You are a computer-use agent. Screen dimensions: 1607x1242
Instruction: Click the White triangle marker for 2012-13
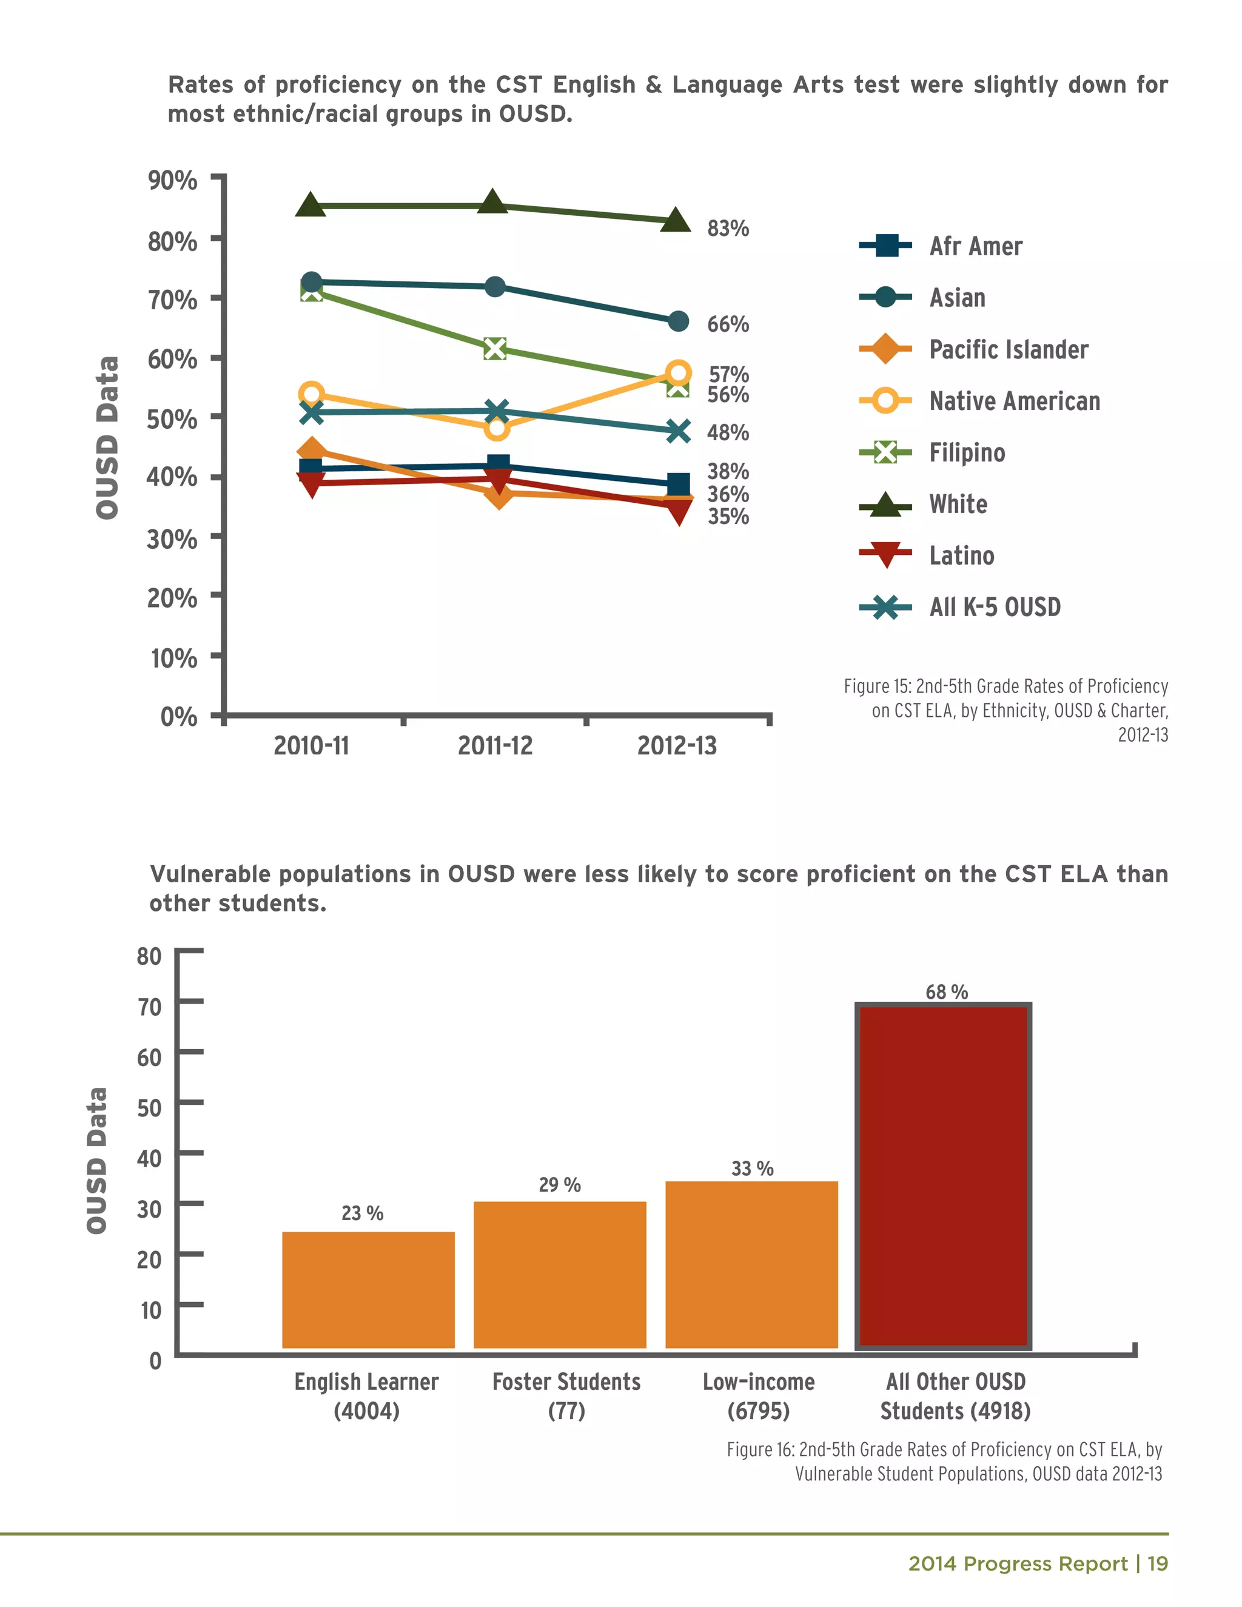click(676, 220)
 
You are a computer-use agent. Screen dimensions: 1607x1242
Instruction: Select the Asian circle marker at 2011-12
click(495, 286)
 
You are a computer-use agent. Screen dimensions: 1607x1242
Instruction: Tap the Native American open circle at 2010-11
click(311, 394)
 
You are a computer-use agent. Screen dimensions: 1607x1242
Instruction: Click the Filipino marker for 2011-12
click(495, 349)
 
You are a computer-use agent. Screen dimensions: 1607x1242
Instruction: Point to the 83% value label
click(728, 228)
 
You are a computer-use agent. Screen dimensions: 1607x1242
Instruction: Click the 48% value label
click(728, 432)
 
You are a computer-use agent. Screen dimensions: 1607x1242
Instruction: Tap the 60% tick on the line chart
click(172, 359)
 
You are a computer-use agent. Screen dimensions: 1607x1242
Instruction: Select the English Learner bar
click(368, 1289)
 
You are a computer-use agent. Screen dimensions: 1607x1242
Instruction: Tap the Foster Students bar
click(560, 1275)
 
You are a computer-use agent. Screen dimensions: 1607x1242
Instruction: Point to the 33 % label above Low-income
click(752, 1169)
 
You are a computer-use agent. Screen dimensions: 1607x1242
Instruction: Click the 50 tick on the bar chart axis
click(149, 1107)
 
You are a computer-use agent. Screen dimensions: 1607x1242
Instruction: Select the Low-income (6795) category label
click(758, 1396)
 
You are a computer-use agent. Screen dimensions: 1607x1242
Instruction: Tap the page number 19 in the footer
click(1157, 1563)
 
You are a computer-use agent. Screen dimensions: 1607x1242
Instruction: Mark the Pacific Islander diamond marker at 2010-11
click(311, 451)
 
